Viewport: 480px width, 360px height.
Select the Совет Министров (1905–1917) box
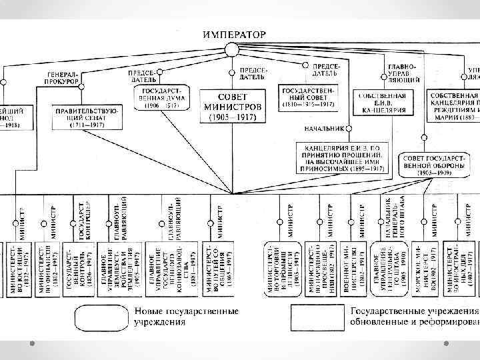(232, 103)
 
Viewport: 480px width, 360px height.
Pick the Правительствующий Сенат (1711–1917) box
(87, 115)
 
